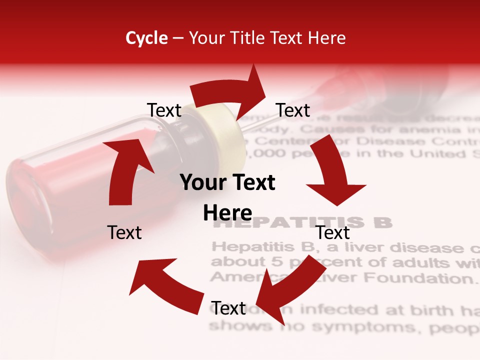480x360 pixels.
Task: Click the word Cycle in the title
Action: pos(146,38)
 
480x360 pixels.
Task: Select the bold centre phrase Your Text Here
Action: pos(227,197)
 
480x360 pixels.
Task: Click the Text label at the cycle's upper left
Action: pos(164,110)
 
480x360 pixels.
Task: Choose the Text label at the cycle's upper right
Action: pos(293,110)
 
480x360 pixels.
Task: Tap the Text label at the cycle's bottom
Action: pos(228,308)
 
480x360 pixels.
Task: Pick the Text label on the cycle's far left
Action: pos(124,232)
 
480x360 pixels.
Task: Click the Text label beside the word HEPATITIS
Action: pos(333,232)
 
